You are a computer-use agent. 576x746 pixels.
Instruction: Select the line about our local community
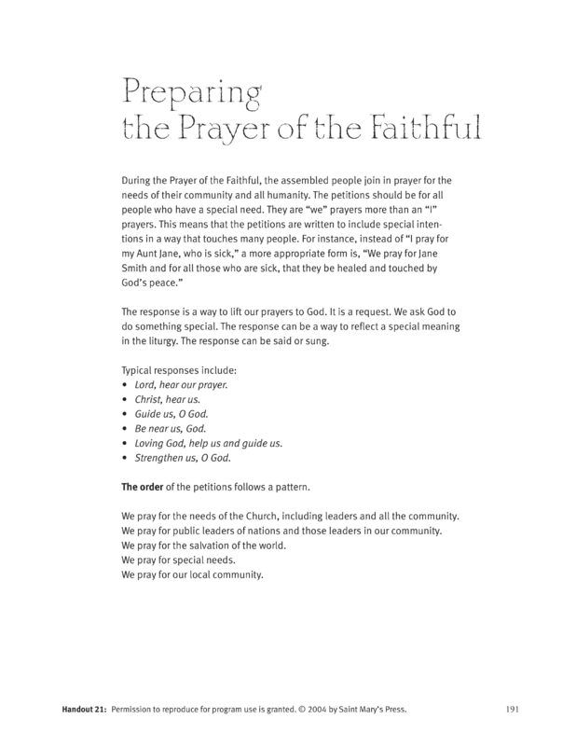(193, 575)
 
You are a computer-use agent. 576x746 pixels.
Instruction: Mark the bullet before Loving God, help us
(125, 443)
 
